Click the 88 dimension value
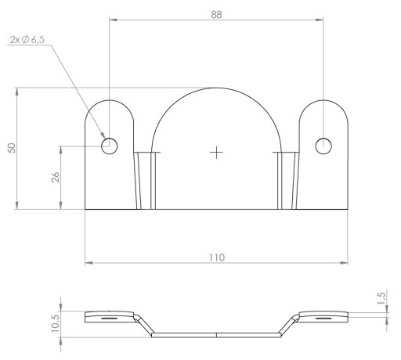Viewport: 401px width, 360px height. point(216,15)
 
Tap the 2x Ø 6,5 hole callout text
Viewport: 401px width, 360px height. point(27,40)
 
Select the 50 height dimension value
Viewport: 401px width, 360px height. point(12,148)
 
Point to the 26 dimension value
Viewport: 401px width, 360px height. point(56,177)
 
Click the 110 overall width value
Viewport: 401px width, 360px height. point(217,257)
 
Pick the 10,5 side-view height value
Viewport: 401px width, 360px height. point(56,323)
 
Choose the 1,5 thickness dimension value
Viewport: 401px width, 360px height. point(381,298)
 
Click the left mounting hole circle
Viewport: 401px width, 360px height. point(110,146)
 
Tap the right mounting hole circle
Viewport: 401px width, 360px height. point(323,146)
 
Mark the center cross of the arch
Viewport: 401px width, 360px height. point(216,153)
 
